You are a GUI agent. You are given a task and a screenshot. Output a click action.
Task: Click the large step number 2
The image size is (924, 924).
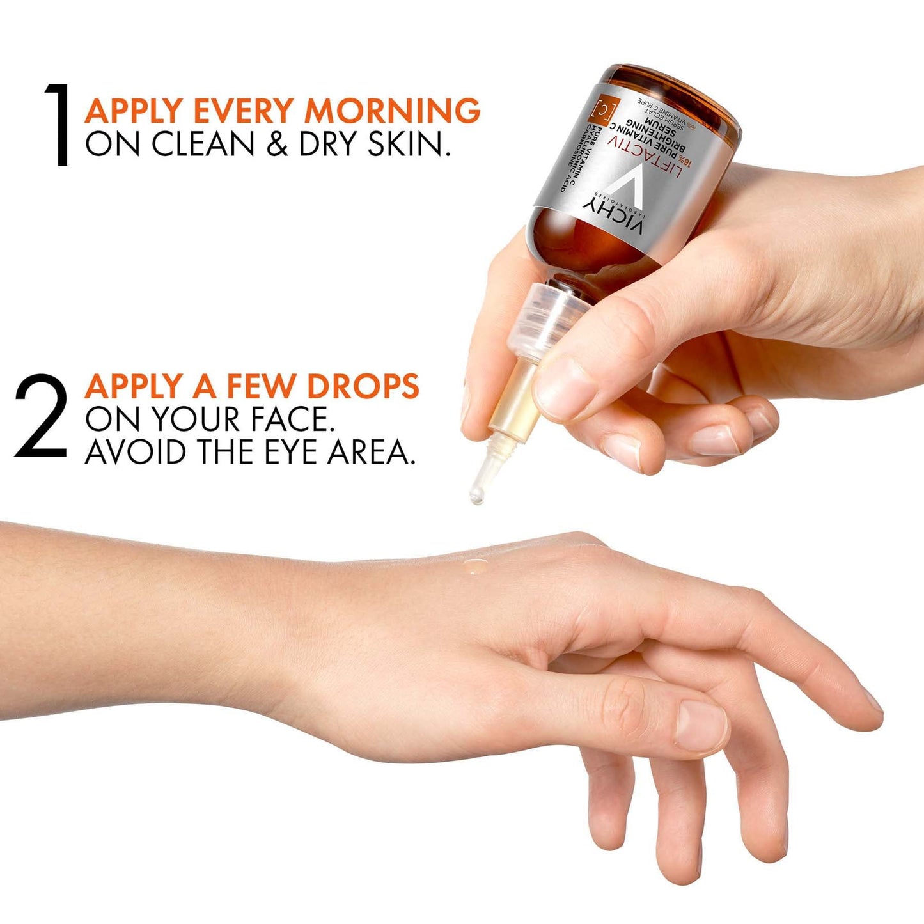tap(40, 417)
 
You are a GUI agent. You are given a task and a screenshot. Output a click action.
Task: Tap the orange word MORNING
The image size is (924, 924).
tap(392, 111)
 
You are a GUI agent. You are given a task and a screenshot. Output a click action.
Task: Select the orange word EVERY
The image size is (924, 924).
tap(245, 111)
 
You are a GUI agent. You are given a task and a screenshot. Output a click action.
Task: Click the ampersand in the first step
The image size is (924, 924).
tap(277, 144)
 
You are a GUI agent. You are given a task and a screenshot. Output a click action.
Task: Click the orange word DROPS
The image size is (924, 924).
tap(363, 386)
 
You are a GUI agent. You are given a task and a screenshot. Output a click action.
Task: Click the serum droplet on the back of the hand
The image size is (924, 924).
tap(474, 565)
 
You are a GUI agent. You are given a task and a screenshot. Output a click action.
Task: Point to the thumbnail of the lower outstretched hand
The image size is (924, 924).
tap(701, 726)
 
